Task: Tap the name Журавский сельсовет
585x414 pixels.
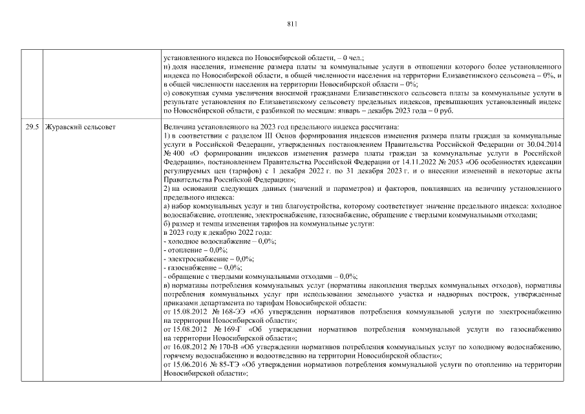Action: tap(81, 127)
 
